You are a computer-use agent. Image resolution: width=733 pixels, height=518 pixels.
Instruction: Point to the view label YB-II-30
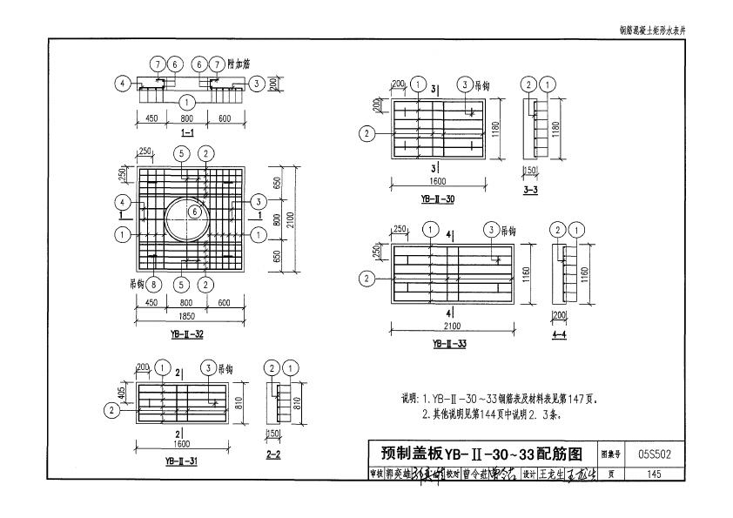coord(437,199)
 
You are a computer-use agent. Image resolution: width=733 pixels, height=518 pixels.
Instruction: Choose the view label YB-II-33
coord(449,344)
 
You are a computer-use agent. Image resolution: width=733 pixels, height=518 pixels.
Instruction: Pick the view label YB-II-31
coord(180,461)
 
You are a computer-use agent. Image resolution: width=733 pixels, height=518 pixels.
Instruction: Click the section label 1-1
coord(187,133)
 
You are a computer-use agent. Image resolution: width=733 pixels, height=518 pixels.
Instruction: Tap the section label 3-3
coord(530,188)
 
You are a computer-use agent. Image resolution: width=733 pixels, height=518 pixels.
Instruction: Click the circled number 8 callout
coord(154,285)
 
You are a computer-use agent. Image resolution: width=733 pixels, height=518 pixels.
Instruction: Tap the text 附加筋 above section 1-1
coord(239,64)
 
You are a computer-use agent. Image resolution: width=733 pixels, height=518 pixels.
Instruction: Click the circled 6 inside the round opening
coord(196,212)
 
